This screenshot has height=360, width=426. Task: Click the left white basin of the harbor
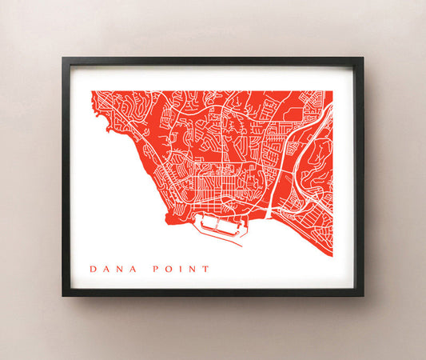point(209,223)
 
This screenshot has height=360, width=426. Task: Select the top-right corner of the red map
point(332,91)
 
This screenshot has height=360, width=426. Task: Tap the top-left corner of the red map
point(92,91)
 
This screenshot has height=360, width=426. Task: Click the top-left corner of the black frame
point(62,57)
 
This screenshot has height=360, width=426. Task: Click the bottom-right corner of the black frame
point(363,296)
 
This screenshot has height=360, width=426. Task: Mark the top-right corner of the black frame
point(363,57)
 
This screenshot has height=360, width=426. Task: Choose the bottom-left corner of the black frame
point(62,296)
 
